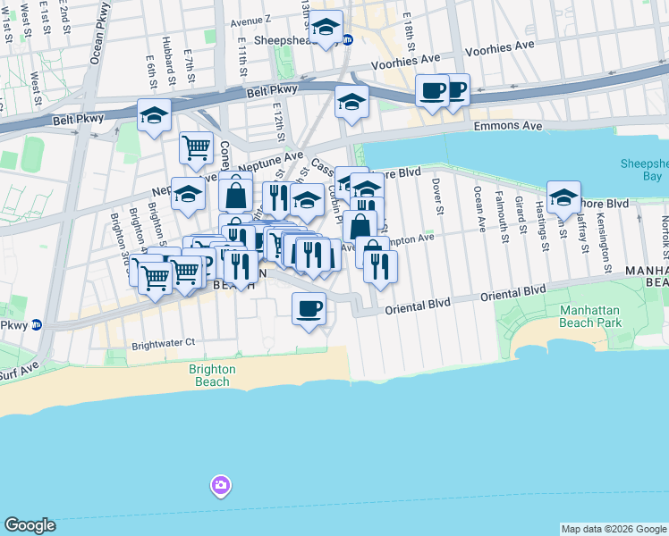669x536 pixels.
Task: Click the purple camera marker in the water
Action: coord(219,486)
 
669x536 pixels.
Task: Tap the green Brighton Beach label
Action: coord(213,375)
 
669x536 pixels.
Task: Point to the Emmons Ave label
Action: coord(508,127)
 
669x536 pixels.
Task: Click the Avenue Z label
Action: coord(250,20)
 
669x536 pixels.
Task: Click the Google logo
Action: coord(30,525)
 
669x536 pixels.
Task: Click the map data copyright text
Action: coord(614,529)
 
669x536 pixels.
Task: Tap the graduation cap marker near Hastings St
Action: coord(563,197)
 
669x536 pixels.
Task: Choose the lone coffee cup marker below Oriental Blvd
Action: coord(309,309)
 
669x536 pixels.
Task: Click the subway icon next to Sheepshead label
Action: coord(348,40)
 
